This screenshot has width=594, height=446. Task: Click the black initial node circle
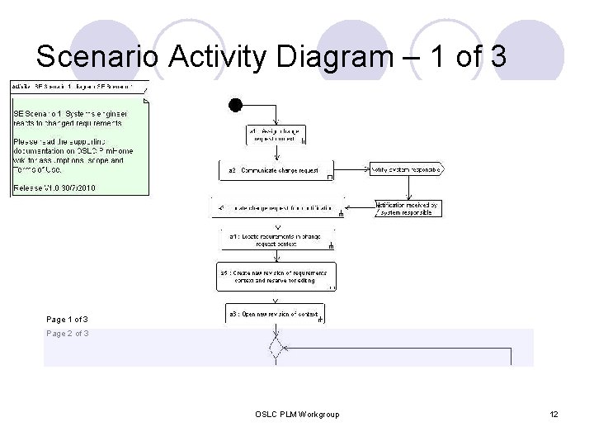tap(236, 104)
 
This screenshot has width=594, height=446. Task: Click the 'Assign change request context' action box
tap(276, 135)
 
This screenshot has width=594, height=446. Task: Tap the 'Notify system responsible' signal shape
tap(407, 170)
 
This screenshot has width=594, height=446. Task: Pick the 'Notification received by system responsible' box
tap(406, 208)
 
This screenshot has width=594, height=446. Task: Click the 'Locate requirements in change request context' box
tap(276, 240)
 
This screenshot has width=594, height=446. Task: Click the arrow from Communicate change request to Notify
tap(351, 170)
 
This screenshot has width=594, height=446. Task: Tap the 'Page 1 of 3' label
tap(68, 319)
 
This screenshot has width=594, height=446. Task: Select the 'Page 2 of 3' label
tap(68, 334)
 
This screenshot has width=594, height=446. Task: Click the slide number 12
tap(554, 413)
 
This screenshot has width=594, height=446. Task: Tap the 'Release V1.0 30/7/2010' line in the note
tap(54, 188)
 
